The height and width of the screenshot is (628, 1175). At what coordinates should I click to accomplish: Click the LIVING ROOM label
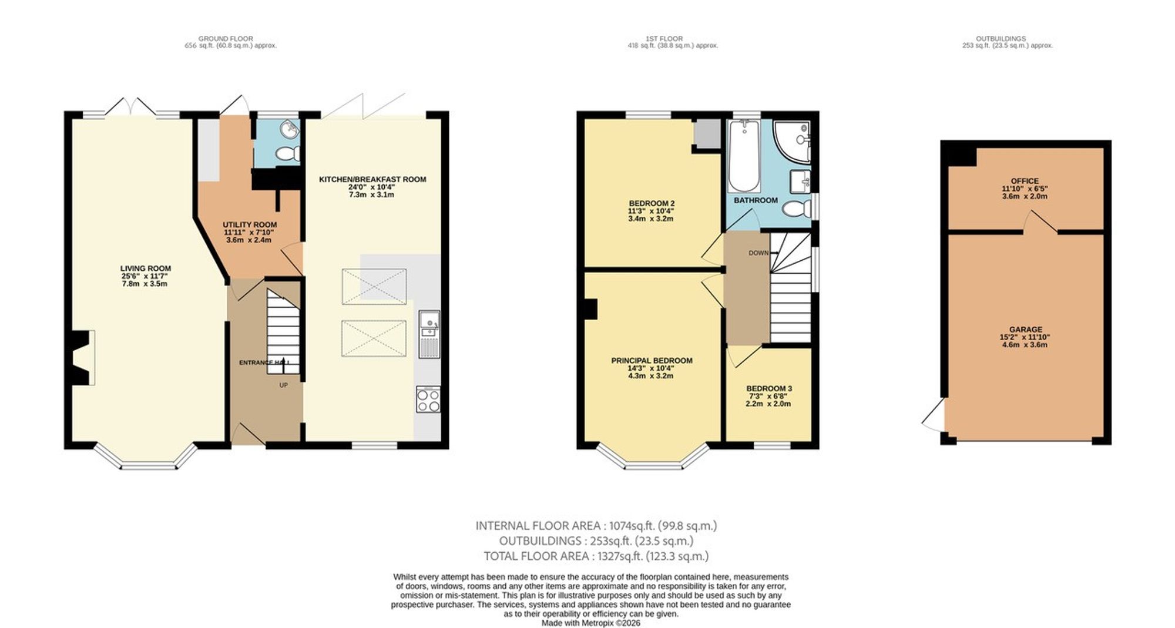click(x=146, y=268)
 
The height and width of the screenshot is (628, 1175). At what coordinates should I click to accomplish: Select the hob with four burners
click(x=428, y=400)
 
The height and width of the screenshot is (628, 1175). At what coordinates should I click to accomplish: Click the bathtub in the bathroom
click(x=743, y=156)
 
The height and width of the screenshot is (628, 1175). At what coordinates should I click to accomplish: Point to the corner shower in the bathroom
click(x=792, y=141)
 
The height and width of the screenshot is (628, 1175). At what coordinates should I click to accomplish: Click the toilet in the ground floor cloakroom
click(x=287, y=154)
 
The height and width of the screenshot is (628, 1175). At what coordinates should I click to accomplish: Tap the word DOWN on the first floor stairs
click(x=758, y=253)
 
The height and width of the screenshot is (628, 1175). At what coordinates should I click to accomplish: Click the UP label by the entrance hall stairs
click(x=283, y=385)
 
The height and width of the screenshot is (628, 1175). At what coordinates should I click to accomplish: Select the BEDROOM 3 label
click(x=769, y=388)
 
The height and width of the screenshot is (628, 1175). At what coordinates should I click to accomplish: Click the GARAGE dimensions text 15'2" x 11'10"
click(x=1025, y=337)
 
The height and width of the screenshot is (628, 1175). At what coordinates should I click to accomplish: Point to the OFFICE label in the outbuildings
click(x=1025, y=181)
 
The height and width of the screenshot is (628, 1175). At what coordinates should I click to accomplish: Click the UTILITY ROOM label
click(x=250, y=224)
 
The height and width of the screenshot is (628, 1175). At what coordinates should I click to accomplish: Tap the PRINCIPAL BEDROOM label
click(x=652, y=361)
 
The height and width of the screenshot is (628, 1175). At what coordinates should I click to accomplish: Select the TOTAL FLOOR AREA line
click(x=596, y=556)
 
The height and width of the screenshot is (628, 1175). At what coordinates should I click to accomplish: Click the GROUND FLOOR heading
click(x=226, y=39)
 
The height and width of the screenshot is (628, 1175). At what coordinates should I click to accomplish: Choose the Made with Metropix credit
click(x=590, y=623)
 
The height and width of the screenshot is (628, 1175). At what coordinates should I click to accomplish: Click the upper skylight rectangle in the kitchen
click(x=374, y=286)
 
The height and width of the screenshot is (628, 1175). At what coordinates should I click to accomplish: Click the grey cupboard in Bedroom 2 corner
click(x=706, y=134)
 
